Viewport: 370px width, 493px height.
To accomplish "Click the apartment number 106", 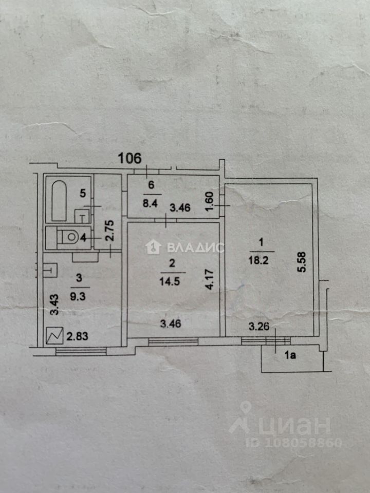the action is [x=129, y=158].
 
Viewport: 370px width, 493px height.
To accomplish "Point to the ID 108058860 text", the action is [x=294, y=442].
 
